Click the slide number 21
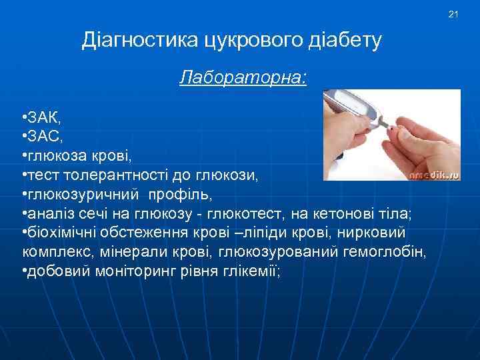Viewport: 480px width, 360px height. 454,14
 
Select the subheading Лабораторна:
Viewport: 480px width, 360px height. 243,79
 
